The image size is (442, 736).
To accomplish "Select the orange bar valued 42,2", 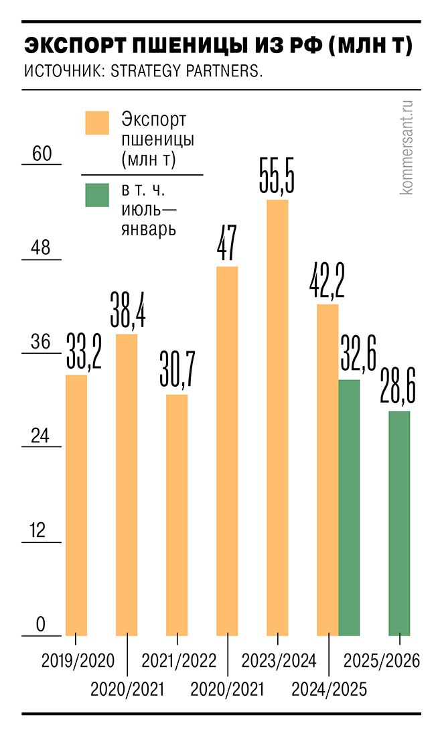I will tap(327, 469).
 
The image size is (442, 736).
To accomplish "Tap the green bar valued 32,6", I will tap(349, 507).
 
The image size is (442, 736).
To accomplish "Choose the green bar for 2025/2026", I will tap(399, 523).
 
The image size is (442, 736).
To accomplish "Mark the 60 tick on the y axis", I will tap(42, 154).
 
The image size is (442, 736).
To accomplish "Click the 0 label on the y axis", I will tap(40, 625).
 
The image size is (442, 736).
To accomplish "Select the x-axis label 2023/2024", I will tap(279, 661).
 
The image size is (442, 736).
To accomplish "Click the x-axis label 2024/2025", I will tap(329, 689).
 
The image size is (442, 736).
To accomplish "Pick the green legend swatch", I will tap(97, 195).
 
